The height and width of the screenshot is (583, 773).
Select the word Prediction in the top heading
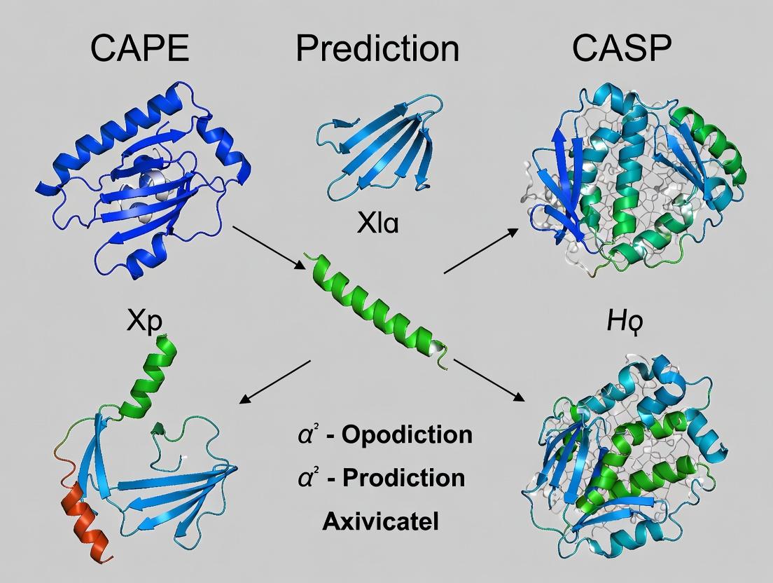377,50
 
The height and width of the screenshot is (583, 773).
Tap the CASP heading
622,50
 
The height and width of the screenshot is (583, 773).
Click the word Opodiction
406,435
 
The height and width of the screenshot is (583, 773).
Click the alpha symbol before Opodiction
305,435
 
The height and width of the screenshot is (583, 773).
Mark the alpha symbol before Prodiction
305,478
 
